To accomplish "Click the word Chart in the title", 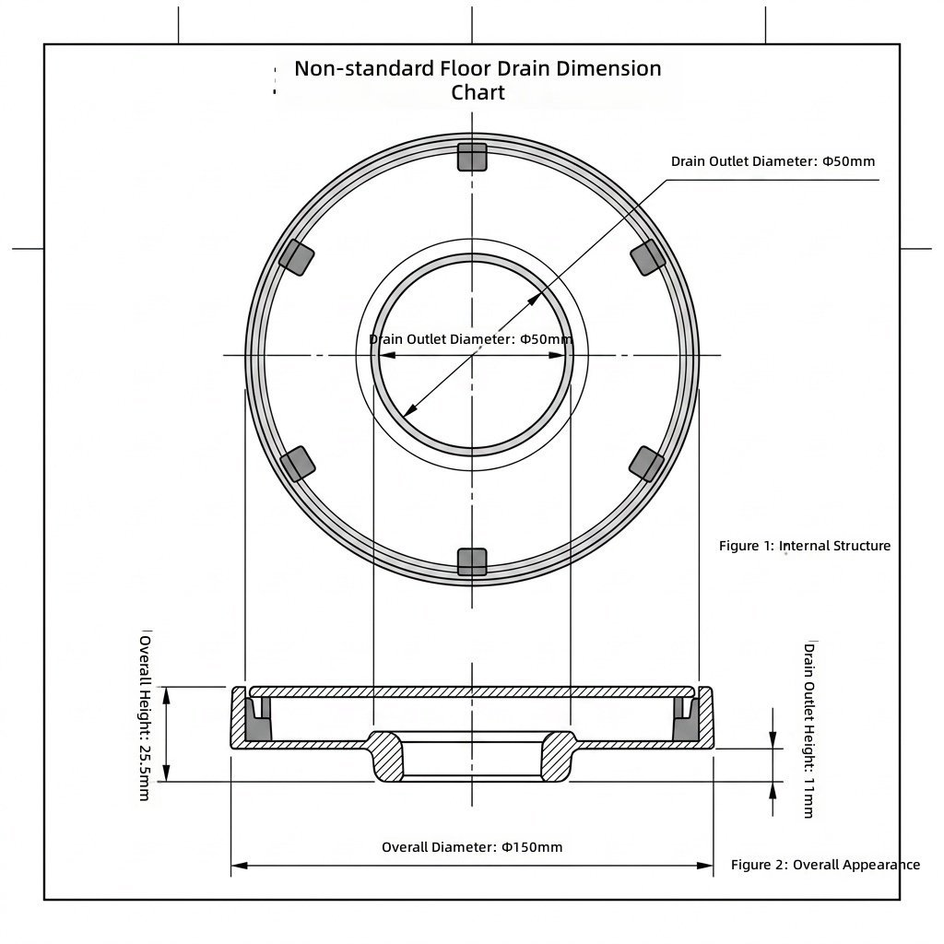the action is point(478,93).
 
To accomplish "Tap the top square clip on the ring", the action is point(472,157).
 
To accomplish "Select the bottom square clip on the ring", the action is point(472,561).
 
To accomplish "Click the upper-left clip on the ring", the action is point(296,258).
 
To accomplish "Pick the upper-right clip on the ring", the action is point(648,258).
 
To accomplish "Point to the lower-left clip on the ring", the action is point(298,465).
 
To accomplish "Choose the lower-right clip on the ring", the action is point(647,465).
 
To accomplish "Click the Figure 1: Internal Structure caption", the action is point(804,546).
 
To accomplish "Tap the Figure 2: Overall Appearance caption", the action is point(825,865).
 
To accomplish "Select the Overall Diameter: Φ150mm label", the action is point(472,847).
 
